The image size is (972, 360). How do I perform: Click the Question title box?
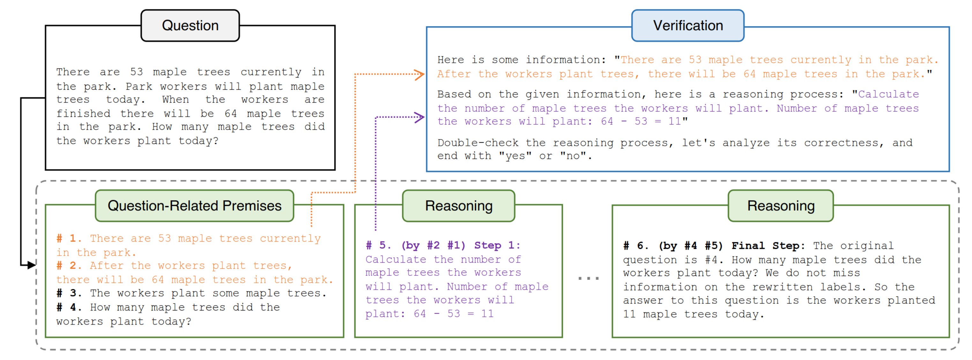(190, 26)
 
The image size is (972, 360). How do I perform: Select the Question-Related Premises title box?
(194, 206)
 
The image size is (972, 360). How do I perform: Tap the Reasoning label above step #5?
(459, 206)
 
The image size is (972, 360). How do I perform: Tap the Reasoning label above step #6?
(780, 206)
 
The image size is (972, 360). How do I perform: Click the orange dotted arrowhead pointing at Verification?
(420, 74)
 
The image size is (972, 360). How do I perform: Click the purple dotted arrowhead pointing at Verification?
(420, 117)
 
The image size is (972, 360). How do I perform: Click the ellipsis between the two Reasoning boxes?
(588, 279)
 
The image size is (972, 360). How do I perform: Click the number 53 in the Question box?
(136, 72)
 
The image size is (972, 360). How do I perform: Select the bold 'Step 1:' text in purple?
(497, 245)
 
